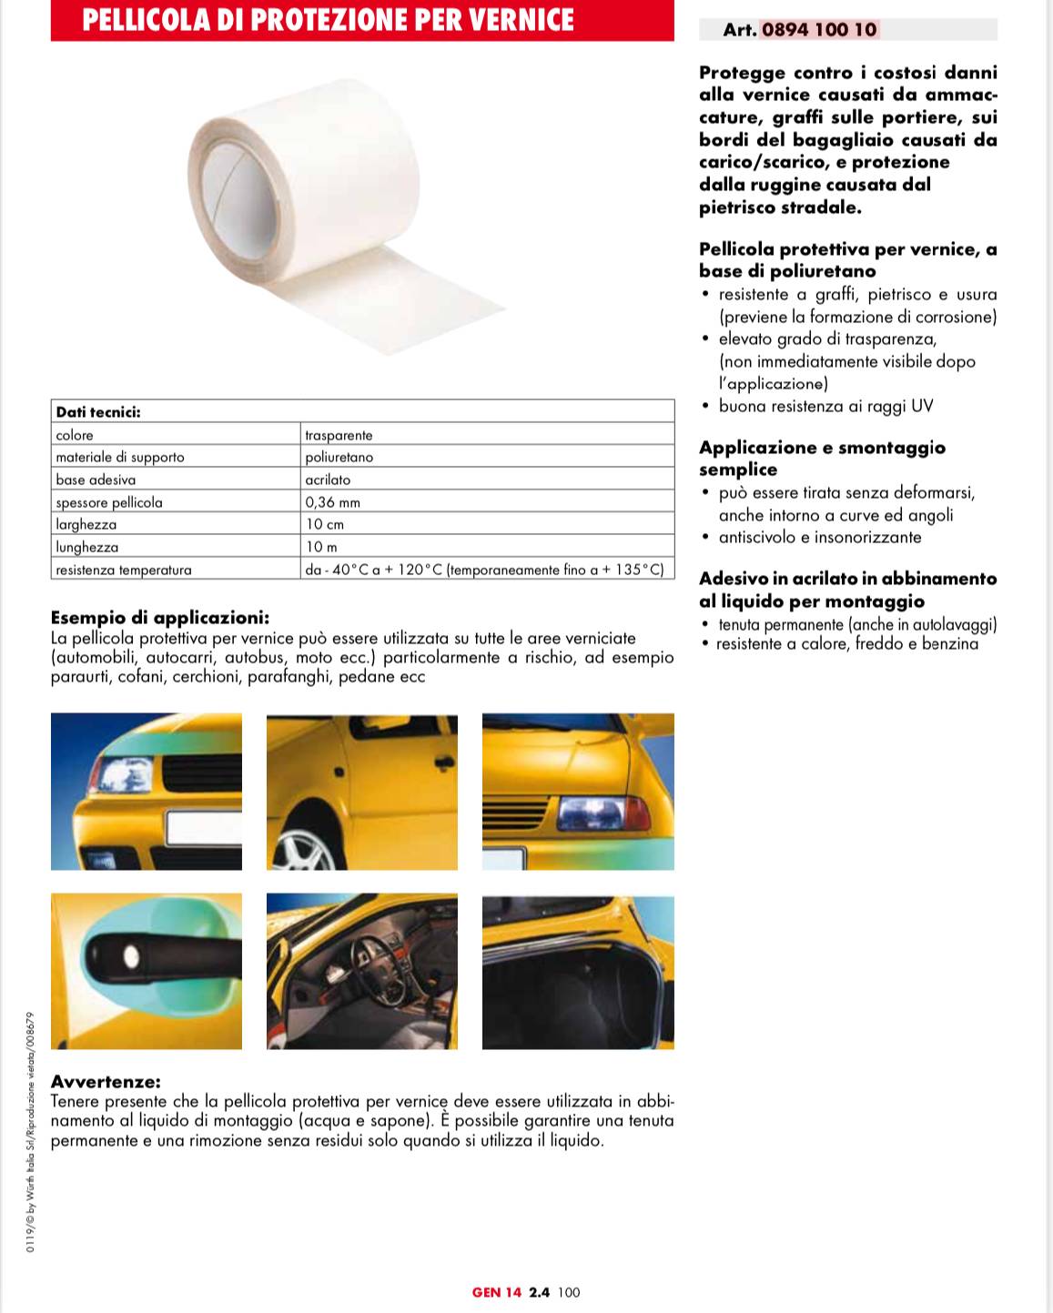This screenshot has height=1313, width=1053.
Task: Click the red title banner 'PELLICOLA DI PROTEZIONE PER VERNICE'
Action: click(x=362, y=20)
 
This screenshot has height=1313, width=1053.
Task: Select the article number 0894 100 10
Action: click(x=819, y=29)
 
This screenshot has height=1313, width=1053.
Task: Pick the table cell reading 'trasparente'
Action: click(x=339, y=435)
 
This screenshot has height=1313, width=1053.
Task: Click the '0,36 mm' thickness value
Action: click(x=332, y=502)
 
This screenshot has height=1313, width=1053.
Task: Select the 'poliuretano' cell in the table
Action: click(x=339, y=458)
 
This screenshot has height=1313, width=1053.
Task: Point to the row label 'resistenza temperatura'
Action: click(x=124, y=570)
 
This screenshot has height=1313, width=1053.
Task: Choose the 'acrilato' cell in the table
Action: click(x=328, y=480)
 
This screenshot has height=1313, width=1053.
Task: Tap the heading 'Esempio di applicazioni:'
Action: click(x=160, y=619)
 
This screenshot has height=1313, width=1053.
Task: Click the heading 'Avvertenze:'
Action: click(x=106, y=1082)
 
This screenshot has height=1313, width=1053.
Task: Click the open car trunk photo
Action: click(x=578, y=972)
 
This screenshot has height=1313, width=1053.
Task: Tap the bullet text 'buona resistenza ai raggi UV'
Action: click(x=825, y=406)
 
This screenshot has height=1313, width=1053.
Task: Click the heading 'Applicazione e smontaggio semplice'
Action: click(x=822, y=458)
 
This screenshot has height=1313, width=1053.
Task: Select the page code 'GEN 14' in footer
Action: click(x=497, y=1292)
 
